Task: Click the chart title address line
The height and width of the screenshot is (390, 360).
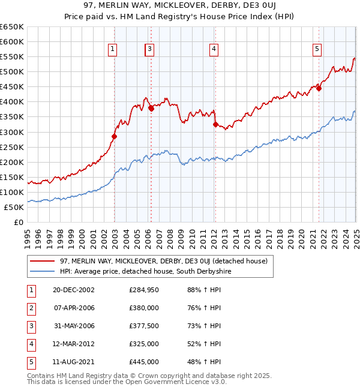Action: (x=179, y=7)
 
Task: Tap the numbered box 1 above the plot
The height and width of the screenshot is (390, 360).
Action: (x=113, y=50)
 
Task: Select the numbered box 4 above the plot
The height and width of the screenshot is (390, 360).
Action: (x=214, y=50)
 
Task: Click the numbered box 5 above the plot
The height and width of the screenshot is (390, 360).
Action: (x=317, y=50)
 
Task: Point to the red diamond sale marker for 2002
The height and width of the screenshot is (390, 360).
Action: (x=114, y=136)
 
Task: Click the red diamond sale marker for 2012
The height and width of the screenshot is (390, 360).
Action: (x=215, y=124)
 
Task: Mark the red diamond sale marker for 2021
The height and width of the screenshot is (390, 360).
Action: (x=319, y=88)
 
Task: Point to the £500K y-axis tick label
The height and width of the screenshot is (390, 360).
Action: (x=12, y=72)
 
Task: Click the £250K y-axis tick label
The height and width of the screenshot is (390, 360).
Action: (x=12, y=147)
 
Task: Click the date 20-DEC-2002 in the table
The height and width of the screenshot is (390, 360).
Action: (x=74, y=290)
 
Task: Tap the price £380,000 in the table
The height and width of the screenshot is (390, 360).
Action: (x=144, y=308)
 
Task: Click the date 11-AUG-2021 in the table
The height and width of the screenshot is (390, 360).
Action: (x=74, y=362)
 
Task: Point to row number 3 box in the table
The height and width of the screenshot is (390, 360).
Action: (x=30, y=326)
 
